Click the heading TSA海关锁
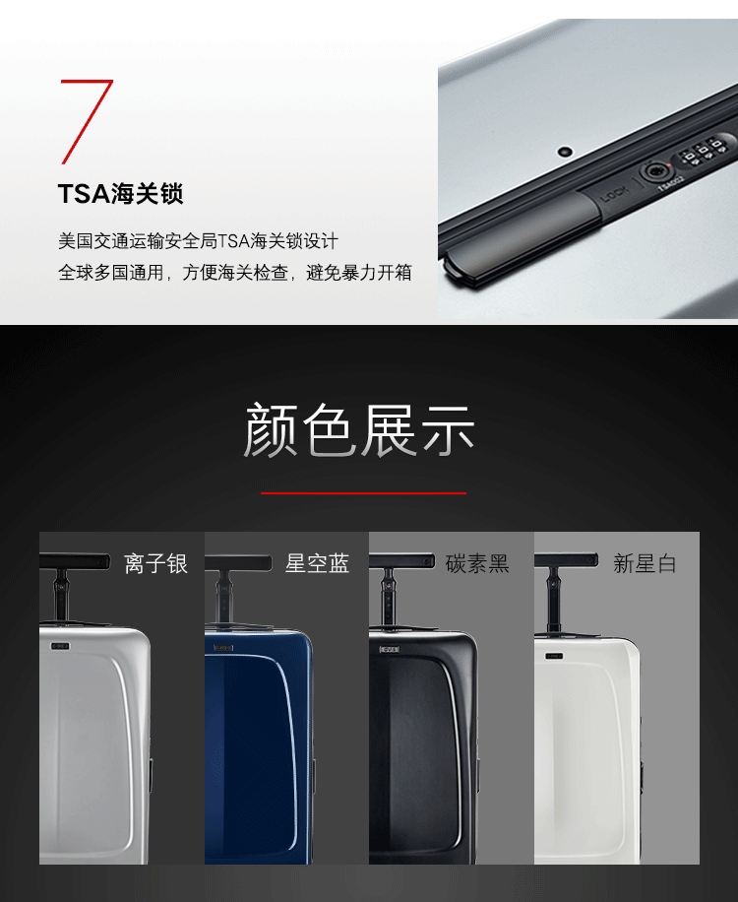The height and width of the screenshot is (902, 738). pyautogui.click(x=121, y=193)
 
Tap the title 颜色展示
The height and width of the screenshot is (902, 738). pyautogui.click(x=360, y=429)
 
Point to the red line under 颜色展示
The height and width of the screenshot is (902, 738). pyautogui.click(x=363, y=493)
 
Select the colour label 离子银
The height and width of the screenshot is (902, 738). pyautogui.click(x=155, y=563)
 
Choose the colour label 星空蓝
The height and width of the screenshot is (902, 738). pyautogui.click(x=317, y=563)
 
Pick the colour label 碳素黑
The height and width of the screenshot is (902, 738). pyautogui.click(x=477, y=563)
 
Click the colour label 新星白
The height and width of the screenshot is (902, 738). pyautogui.click(x=645, y=563)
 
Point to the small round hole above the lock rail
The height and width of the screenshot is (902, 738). pyautogui.click(x=566, y=152)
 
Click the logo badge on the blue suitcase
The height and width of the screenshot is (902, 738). pyautogui.click(x=223, y=648)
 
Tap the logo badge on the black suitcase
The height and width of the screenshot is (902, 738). pyautogui.click(x=389, y=650)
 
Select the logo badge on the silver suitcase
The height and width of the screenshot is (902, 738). pyautogui.click(x=60, y=646)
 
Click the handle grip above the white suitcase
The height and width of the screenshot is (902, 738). pyautogui.click(x=566, y=559)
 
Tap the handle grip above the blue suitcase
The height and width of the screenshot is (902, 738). pyautogui.click(x=238, y=562)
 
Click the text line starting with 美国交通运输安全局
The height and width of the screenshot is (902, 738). pyautogui.click(x=199, y=240)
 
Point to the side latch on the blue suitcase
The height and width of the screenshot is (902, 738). pyautogui.click(x=314, y=774)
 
